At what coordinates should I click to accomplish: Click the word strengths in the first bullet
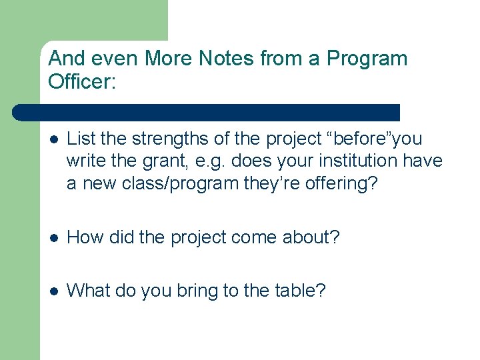pos(164,139)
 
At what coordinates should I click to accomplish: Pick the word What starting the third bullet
pos(87,290)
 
